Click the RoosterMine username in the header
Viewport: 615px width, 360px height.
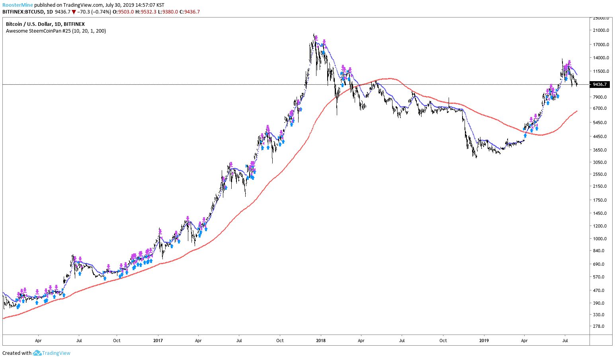pos(18,5)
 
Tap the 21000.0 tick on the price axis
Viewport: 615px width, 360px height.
pos(601,31)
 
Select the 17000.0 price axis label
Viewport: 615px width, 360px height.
pos(601,45)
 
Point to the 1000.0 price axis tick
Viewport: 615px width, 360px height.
pos(601,239)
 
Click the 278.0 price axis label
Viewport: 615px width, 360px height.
pos(599,326)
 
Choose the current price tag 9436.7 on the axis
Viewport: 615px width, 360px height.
pos(600,84)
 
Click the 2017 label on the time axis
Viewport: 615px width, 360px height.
pos(158,341)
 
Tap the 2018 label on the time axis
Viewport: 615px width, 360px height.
pos(320,341)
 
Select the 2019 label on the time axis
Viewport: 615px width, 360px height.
pos(484,341)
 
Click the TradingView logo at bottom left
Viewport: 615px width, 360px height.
pos(52,353)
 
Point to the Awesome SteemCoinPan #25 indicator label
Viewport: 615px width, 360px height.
pos(56,31)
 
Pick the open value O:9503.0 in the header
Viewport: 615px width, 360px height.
pos(123,12)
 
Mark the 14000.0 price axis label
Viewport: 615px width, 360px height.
pos(601,58)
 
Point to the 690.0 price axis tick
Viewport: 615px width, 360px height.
pos(599,264)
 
